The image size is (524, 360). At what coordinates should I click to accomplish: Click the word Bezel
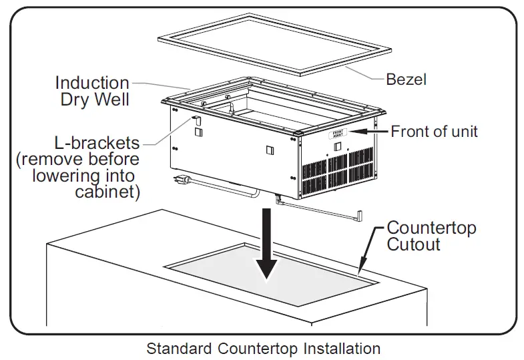pos(406,79)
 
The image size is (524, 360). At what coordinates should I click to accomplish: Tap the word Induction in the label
pos(92,83)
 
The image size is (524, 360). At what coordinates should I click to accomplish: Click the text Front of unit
pos(434,131)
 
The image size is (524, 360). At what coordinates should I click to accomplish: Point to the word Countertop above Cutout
pos(431,228)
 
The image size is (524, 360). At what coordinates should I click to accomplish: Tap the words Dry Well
pos(95,100)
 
